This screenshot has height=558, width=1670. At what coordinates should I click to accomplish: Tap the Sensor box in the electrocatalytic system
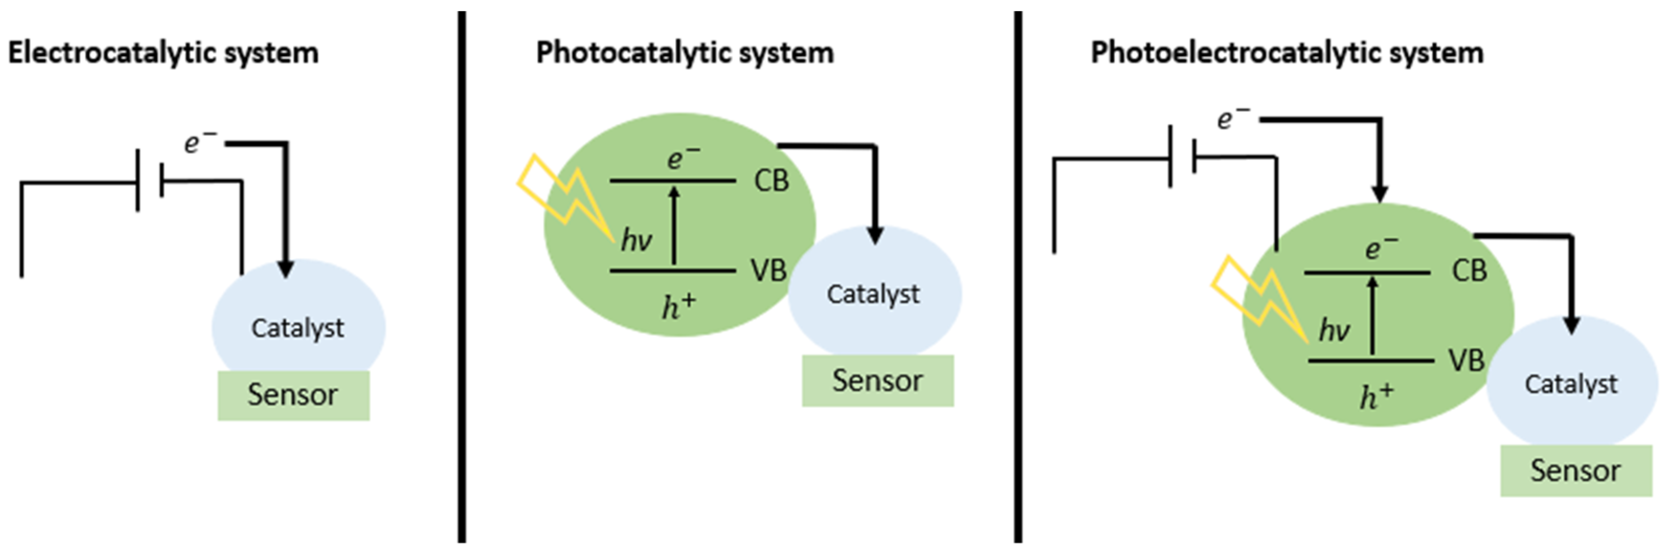(293, 395)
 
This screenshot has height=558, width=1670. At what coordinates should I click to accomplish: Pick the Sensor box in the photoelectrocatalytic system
(1575, 471)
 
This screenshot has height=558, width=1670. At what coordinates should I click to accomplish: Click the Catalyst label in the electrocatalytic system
(298, 328)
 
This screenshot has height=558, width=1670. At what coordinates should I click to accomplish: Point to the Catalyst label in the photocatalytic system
(872, 294)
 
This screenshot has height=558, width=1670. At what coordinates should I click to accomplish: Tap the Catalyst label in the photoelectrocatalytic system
(1571, 384)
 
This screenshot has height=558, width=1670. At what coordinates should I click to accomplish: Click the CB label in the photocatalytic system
(771, 181)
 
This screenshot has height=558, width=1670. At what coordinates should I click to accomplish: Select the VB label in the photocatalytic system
(769, 270)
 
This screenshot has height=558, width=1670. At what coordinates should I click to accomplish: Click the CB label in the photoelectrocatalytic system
(1469, 271)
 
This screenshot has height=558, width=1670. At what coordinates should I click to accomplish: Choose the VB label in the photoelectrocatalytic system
(1467, 360)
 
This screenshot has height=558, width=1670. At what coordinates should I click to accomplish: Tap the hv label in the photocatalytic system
(636, 241)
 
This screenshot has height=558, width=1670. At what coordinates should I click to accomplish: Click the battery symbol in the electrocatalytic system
(150, 181)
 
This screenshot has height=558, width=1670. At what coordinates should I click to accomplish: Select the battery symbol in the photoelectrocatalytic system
(1182, 157)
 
